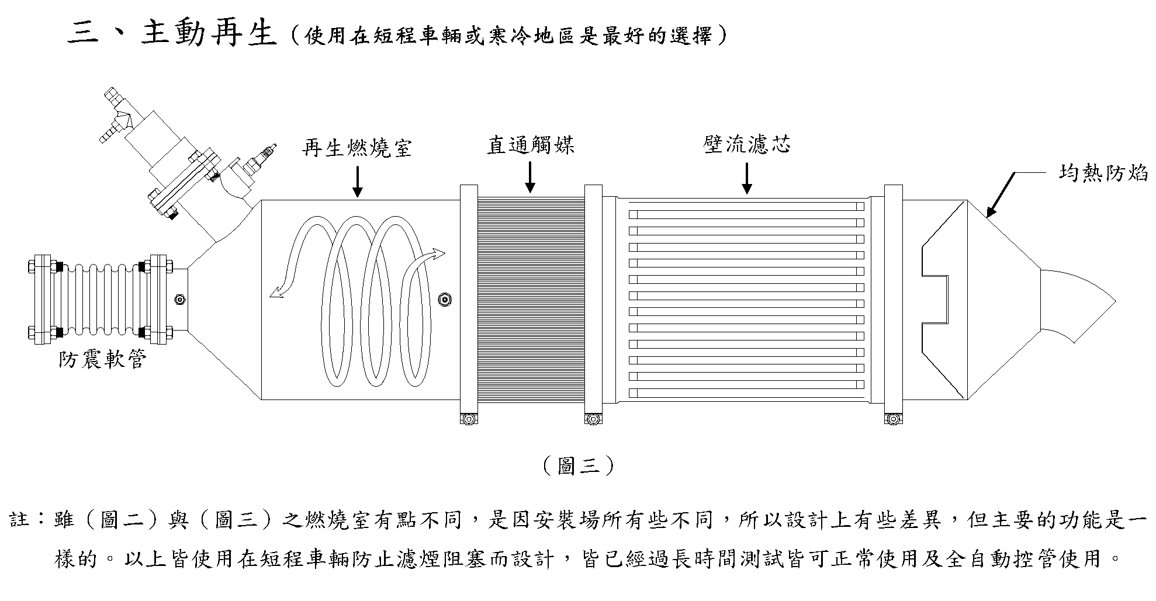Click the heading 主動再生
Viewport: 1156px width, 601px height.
pyautogui.click(x=209, y=34)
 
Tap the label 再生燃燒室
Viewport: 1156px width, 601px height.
pyautogui.click(x=357, y=147)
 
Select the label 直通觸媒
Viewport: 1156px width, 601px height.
pyautogui.click(x=531, y=144)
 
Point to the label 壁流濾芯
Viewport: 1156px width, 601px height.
pyautogui.click(x=747, y=144)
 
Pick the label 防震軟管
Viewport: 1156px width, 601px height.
pyautogui.click(x=102, y=359)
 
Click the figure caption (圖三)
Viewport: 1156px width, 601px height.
pyautogui.click(x=578, y=465)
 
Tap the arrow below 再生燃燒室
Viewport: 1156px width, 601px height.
pyautogui.click(x=357, y=180)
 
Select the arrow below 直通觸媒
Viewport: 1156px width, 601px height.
pyautogui.click(x=530, y=177)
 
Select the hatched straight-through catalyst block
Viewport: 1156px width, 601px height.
pyautogui.click(x=531, y=299)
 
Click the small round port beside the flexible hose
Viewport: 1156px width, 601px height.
pyautogui.click(x=179, y=300)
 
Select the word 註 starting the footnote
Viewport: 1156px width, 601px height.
pyautogui.click(x=20, y=519)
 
